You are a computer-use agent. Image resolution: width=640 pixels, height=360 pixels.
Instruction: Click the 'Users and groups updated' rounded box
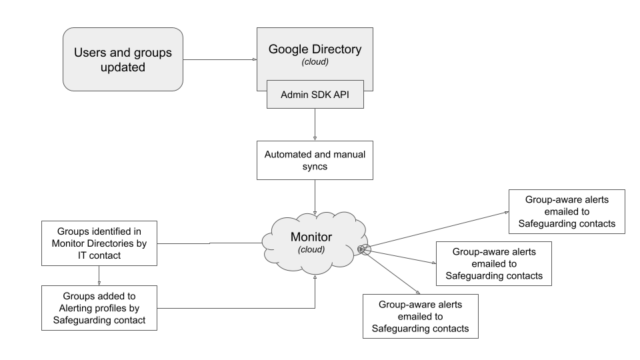point(123,59)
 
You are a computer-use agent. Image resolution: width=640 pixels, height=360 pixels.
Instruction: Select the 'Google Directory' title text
point(315,49)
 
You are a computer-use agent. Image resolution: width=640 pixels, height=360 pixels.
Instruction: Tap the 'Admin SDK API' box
point(315,94)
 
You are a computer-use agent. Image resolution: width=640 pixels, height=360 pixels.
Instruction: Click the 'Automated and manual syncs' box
point(315,159)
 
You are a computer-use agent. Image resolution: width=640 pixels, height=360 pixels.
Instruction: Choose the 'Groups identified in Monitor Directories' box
point(99,243)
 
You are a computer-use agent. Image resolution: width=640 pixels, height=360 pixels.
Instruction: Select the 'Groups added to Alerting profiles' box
point(99,308)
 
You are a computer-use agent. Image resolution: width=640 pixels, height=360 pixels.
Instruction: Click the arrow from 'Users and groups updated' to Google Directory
point(220,60)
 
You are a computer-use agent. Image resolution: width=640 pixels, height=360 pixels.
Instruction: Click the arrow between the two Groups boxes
point(99,275)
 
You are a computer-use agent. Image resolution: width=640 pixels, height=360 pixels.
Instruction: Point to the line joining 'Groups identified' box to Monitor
point(210,243)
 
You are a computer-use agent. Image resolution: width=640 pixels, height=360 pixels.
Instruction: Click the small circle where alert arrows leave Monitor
point(362,249)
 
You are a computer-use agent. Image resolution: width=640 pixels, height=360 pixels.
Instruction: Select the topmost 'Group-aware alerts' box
point(566,211)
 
